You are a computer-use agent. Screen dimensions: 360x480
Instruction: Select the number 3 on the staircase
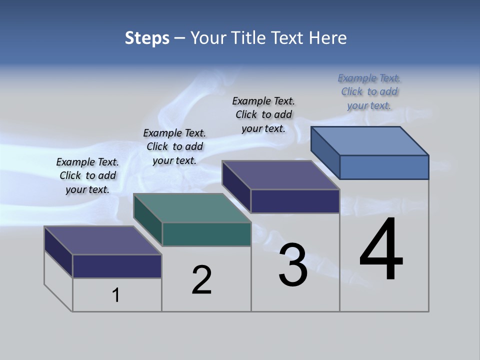293,265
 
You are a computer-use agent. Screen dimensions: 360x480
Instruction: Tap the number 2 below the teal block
202,279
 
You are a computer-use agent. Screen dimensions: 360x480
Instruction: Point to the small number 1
116,295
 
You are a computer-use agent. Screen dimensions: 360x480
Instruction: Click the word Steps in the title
147,38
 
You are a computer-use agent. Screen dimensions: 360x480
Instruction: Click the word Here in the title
328,38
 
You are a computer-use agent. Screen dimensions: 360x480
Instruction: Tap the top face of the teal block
192,208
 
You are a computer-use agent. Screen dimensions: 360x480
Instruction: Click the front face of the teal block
206,234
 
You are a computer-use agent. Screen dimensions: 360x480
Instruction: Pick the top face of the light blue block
370,141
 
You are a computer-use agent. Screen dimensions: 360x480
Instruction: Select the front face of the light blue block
384,167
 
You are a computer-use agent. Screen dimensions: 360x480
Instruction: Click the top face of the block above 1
103,240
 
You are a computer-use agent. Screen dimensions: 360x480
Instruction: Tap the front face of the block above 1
117,266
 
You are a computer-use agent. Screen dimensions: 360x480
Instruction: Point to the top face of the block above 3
281,175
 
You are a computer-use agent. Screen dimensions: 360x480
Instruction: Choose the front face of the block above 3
295,201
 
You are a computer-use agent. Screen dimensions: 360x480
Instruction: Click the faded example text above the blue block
369,92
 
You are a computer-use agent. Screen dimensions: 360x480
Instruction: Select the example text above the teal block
174,146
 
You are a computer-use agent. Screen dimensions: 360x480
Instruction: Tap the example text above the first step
87,175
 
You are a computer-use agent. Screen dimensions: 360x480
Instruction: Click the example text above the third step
263,114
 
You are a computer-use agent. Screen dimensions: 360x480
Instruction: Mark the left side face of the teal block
148,220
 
